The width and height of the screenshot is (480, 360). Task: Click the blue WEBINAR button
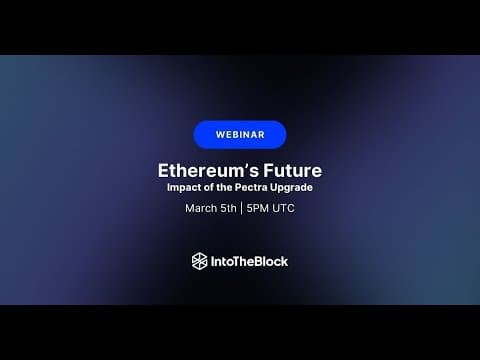tap(240, 135)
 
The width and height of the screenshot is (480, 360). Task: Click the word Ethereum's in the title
tap(208, 171)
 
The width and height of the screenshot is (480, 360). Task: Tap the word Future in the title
tap(293, 171)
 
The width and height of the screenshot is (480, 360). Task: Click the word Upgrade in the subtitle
tap(291, 188)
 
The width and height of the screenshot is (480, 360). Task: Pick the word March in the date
tap(201, 208)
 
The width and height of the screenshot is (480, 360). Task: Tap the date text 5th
tap(228, 208)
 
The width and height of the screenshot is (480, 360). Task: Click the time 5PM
tap(258, 208)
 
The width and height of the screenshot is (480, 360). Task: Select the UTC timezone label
tap(283, 208)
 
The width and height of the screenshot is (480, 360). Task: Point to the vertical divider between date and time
tap(241, 208)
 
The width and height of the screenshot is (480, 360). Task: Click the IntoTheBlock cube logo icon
tap(199, 261)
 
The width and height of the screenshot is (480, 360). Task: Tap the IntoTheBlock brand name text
tap(249, 261)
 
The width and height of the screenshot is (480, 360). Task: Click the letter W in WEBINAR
tap(220, 135)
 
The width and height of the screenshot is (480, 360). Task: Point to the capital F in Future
tap(269, 171)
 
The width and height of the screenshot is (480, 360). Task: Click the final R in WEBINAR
tap(261, 135)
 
